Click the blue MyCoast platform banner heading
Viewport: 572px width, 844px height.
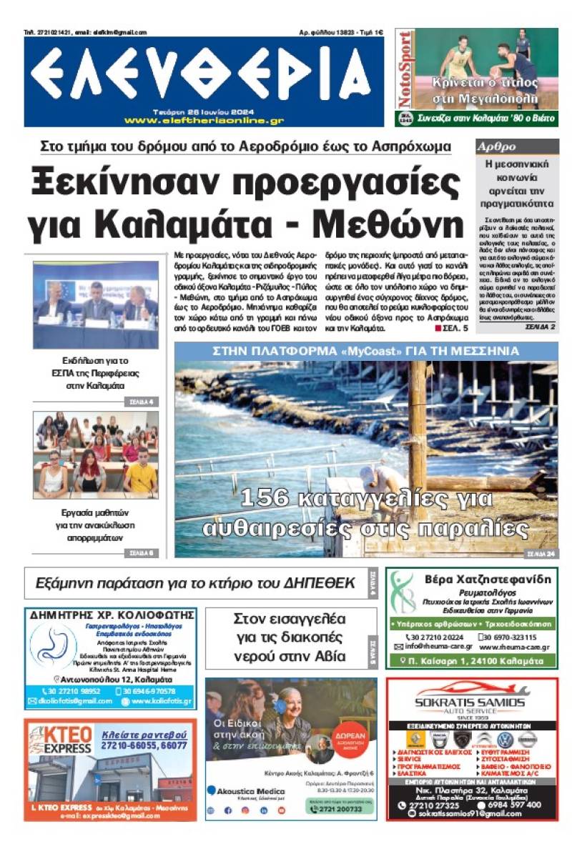[x=366, y=351]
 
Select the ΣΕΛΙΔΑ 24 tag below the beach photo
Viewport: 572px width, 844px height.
[x=541, y=552]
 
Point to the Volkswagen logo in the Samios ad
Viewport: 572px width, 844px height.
[x=505, y=739]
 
